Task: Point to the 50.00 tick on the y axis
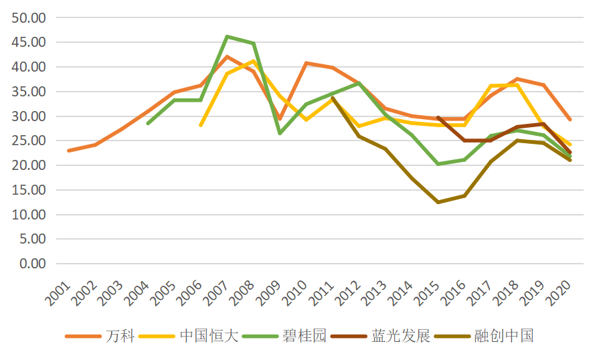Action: pos(29,17)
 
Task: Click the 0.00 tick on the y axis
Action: pos(32,264)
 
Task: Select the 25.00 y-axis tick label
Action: pos(29,141)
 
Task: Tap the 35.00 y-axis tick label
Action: pos(29,92)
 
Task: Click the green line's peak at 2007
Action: pos(228,36)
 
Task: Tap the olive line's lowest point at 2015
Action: pos(438,202)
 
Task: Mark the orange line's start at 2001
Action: pos(68,151)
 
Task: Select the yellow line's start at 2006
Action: pos(201,125)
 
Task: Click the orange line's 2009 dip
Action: pos(280,119)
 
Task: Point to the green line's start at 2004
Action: pos(148,123)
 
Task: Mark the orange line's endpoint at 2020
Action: pos(570,119)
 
